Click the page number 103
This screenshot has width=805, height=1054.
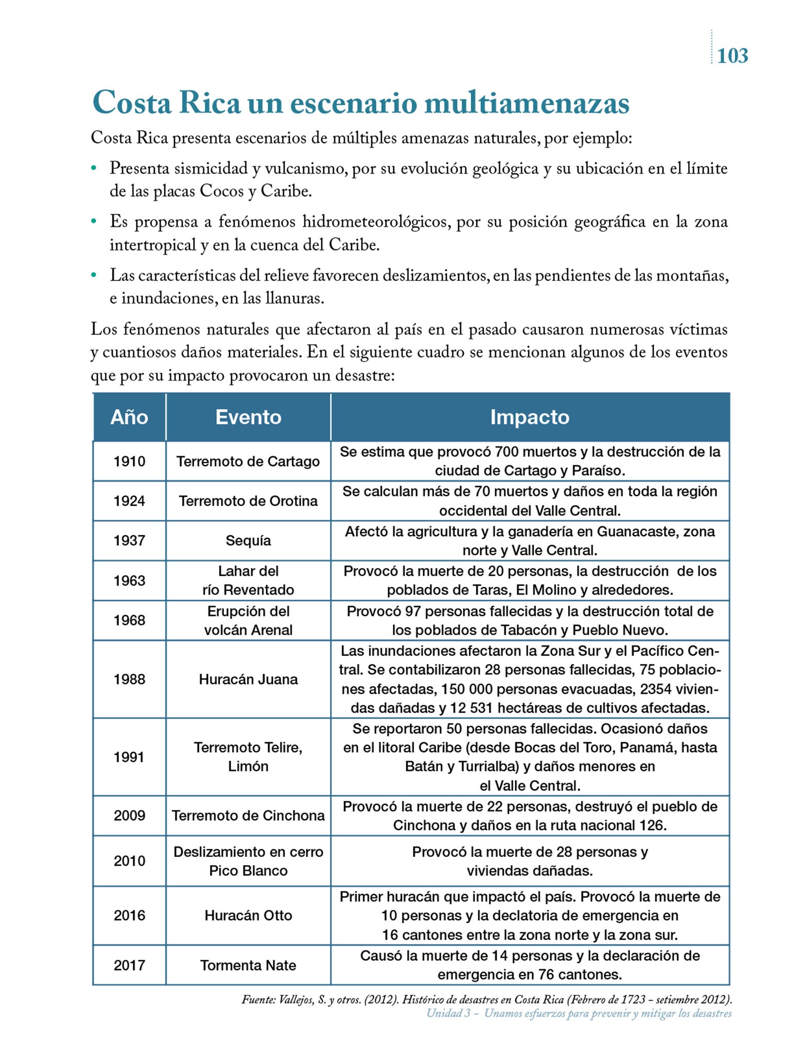(732, 56)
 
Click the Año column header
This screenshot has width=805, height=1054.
(129, 417)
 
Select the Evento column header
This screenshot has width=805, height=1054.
(248, 417)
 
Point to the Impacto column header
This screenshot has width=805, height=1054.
(530, 417)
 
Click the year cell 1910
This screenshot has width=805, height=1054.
(129, 461)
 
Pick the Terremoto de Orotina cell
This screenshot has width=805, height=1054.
(248, 501)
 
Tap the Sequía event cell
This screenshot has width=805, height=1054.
(248, 540)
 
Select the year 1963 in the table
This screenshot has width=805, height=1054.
(129, 581)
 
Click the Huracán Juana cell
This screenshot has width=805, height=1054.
(248, 679)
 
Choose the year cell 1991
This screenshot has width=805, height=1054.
(129, 757)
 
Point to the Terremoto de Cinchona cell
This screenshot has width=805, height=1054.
(248, 816)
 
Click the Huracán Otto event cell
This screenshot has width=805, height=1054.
(248, 916)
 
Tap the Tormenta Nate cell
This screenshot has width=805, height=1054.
(248, 965)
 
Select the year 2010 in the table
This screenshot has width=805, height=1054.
(129, 861)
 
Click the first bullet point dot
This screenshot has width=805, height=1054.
(94, 168)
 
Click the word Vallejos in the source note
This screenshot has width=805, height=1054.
(296, 1000)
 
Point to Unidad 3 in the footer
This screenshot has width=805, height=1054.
(451, 1013)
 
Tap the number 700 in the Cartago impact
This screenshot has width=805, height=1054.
(509, 452)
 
